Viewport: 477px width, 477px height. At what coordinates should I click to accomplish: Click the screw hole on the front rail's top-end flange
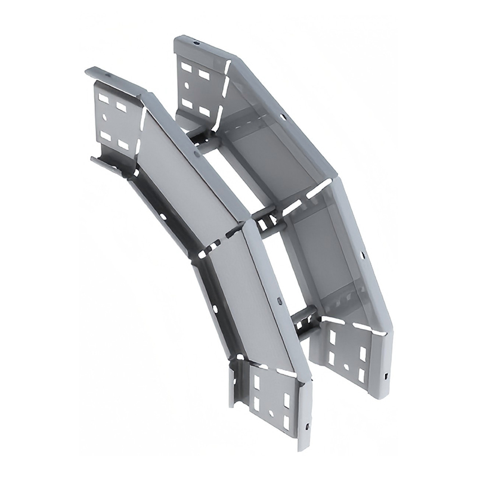pos(108,76)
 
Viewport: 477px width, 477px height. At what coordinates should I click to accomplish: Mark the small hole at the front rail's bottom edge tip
pos(307,427)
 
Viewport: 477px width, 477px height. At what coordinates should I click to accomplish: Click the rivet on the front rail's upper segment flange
pos(197,154)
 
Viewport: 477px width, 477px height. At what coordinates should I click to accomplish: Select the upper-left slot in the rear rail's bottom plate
pos(332,339)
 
